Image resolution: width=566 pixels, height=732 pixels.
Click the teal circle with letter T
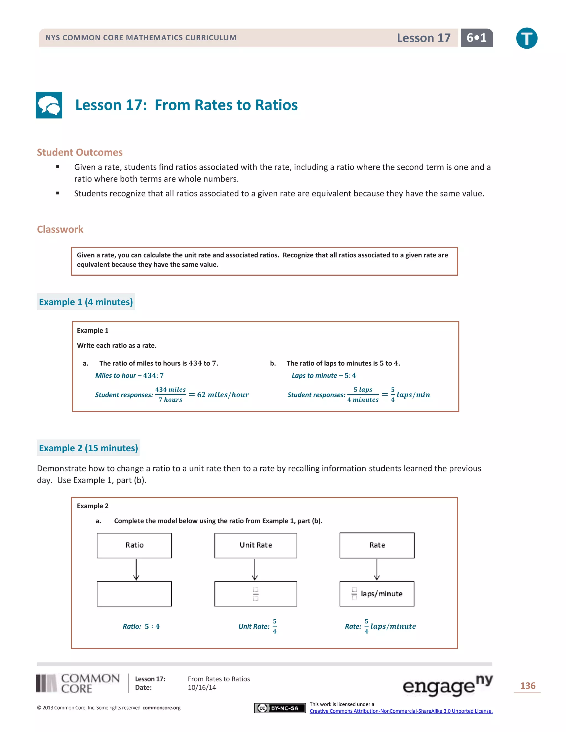pos(526,38)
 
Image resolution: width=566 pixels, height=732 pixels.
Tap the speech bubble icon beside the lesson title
pos(49,105)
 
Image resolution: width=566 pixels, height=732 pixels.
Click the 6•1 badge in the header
pos(476,38)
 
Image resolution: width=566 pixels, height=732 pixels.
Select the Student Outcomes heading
pos(80,152)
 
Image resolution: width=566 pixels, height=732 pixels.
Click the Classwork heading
pos(60,229)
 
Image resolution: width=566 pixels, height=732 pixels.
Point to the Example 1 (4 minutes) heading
pos(86,302)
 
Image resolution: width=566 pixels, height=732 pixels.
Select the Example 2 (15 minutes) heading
pos(88,448)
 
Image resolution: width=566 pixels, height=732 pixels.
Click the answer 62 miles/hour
pos(223,394)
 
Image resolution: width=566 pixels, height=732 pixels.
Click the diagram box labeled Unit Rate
pos(256,545)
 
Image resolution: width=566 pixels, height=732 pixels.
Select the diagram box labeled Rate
pos(377,545)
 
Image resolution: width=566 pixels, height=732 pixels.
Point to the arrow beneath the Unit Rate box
pos(255,570)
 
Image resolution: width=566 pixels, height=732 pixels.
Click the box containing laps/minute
pos(377,594)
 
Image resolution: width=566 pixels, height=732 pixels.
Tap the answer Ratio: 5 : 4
pos(141,626)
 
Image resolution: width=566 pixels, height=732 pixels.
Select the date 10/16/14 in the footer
pos(202,688)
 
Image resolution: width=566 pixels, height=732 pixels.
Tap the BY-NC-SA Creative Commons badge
pos(280,708)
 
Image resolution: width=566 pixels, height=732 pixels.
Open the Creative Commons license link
pos(401,711)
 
